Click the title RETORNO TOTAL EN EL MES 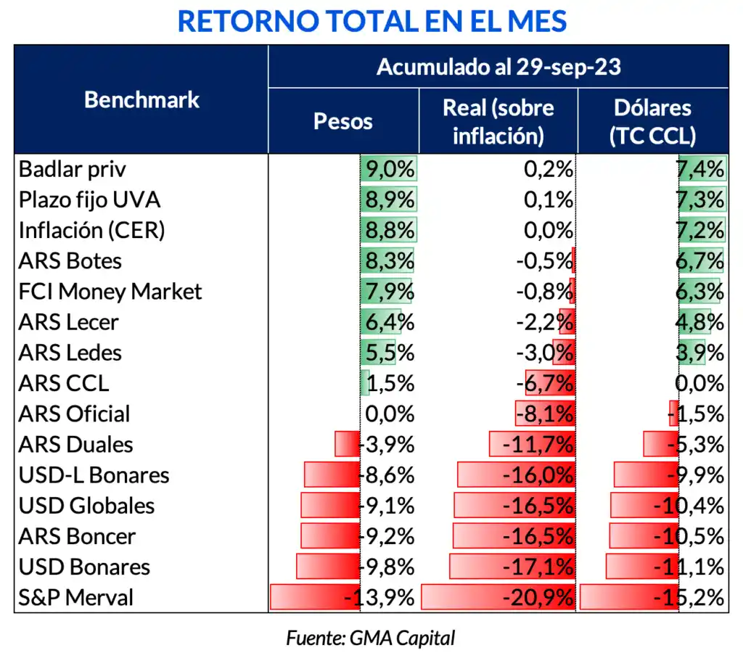(371, 22)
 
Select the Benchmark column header (141, 99)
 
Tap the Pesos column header (342, 121)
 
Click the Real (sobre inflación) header (498, 121)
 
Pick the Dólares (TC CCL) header (652, 121)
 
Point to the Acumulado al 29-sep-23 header (498, 67)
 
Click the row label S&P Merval (76, 598)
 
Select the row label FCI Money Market (110, 292)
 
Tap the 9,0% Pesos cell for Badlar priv (390, 170)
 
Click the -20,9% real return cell (537, 598)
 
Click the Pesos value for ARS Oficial (392, 414)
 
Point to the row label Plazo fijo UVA (89, 200)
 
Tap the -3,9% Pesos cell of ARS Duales (388, 445)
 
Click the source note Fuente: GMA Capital (371, 638)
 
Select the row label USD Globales (86, 506)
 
